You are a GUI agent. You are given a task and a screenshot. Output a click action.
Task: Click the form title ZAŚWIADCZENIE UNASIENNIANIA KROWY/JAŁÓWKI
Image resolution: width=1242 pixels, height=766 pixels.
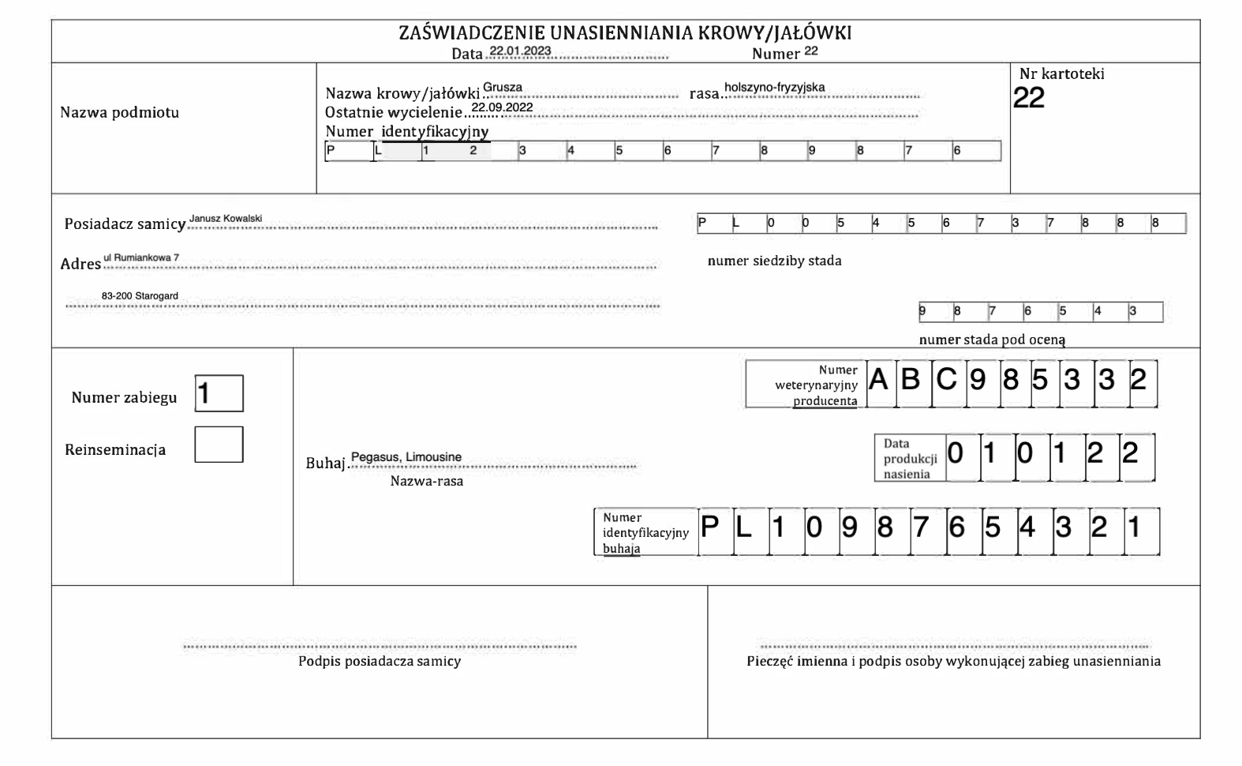coord(625,34)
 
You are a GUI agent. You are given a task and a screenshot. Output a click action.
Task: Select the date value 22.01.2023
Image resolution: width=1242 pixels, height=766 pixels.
coord(520,51)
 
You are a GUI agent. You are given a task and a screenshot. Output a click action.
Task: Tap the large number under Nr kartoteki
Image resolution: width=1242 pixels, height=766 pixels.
coord(1029,98)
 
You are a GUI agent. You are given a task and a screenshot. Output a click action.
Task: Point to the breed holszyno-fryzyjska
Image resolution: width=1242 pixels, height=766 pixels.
coord(774,88)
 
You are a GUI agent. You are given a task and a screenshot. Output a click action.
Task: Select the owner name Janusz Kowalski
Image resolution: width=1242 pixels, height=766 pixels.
coord(226,218)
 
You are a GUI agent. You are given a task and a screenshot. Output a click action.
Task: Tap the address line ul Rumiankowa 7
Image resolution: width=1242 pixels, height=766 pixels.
coord(141,258)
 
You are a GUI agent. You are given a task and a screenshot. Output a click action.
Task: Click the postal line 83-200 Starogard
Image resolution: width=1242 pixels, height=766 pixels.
coord(140,296)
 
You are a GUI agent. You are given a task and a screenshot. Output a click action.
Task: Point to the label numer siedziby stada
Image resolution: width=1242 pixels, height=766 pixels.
coord(774,261)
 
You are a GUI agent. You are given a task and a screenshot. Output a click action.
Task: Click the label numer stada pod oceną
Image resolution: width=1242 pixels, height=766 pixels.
coord(992,340)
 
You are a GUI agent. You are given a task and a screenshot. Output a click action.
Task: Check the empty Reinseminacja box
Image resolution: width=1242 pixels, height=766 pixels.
coord(219,445)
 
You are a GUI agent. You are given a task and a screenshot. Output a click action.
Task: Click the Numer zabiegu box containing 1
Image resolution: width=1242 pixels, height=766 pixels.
coord(219,393)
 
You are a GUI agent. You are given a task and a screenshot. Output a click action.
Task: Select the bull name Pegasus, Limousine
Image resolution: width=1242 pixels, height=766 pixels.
coord(406,457)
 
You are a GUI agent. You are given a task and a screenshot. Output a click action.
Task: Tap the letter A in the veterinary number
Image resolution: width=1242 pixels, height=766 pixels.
coord(878,381)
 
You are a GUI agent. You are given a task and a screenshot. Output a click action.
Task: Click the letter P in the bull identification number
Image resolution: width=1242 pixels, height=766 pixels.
coord(710,527)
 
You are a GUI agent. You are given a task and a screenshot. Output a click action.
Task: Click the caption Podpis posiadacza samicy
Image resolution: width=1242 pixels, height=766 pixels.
coord(380,662)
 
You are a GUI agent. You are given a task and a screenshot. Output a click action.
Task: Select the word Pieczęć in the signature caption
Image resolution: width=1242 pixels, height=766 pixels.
coord(769,662)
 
